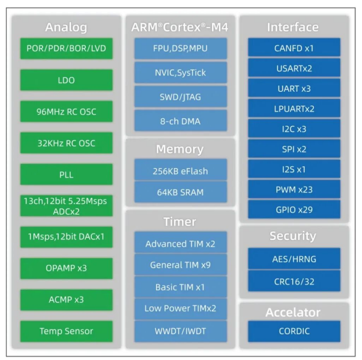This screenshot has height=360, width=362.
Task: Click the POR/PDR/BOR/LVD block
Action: click(66, 48)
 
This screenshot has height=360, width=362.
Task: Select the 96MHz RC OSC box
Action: click(66, 112)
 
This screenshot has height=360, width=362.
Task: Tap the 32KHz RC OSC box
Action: click(66, 143)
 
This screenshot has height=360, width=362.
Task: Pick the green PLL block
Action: click(66, 175)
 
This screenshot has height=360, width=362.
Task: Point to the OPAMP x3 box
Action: click(66, 268)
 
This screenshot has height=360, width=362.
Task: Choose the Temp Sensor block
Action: click(66, 331)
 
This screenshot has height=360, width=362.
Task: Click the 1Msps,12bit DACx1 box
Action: click(66, 236)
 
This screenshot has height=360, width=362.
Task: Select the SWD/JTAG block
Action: click(181, 97)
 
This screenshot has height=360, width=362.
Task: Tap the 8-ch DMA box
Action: click(181, 121)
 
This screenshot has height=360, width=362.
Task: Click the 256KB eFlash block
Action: click(181, 171)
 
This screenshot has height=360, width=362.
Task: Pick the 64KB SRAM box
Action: click(181, 192)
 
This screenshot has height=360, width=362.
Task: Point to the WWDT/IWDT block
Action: click(181, 330)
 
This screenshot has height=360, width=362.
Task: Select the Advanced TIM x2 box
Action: click(181, 244)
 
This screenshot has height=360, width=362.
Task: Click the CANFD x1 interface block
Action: click(294, 47)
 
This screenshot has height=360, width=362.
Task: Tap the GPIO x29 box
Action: click(294, 209)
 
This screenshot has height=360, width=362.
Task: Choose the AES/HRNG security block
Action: click(294, 259)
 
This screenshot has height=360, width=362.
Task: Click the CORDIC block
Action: click(294, 331)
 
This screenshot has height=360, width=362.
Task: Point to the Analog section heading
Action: click(66, 27)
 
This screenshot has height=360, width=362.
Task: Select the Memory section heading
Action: click(180, 149)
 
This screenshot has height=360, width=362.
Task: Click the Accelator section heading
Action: click(294, 313)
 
